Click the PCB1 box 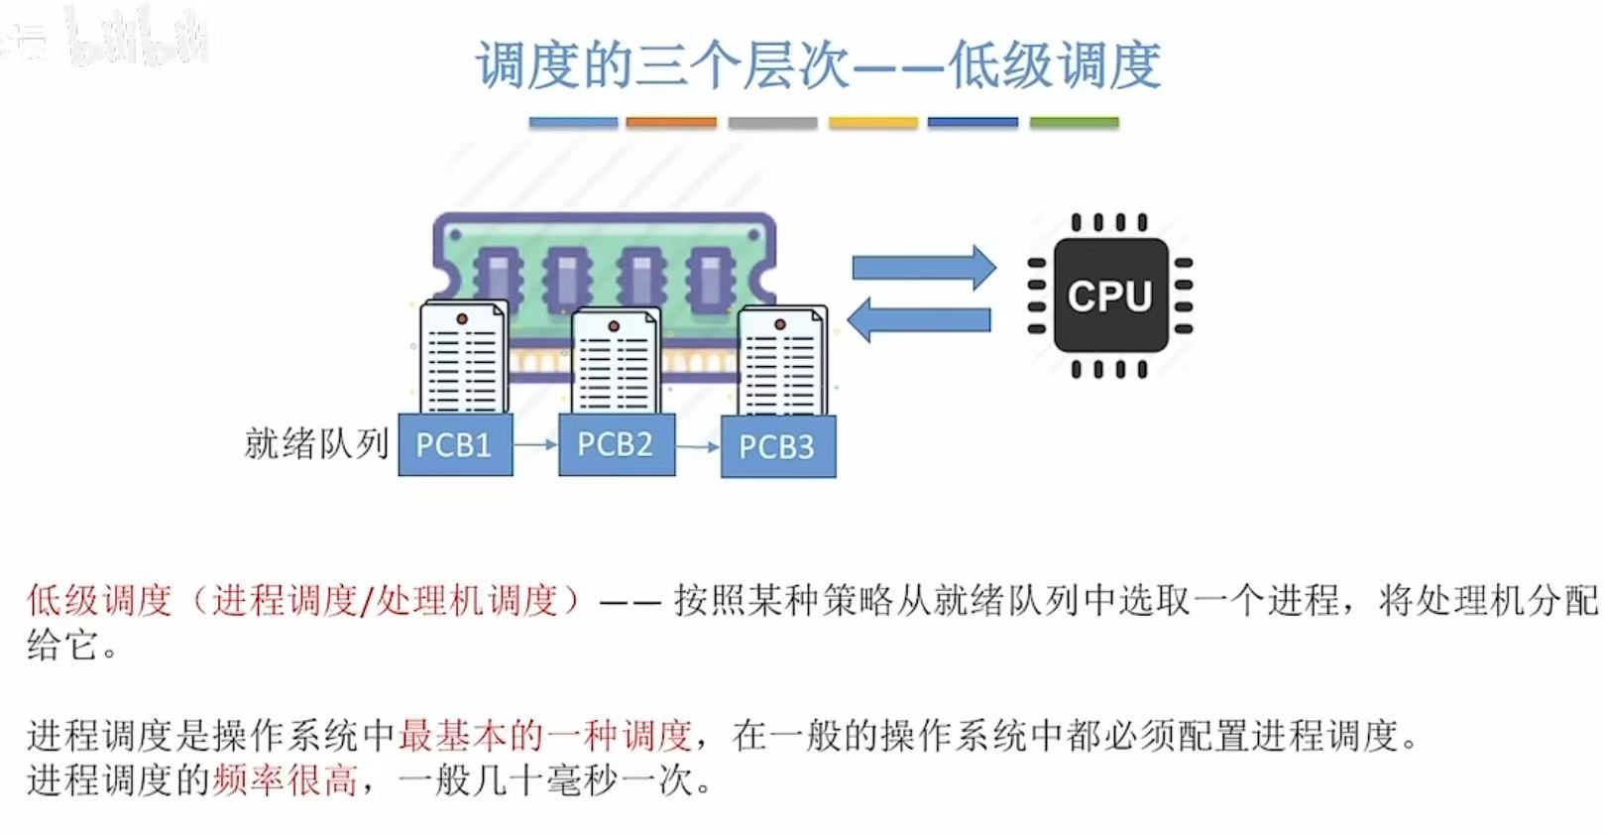455,444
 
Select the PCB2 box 617,444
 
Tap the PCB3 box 778,447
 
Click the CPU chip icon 1109,296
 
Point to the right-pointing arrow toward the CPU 923,267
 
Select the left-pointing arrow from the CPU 919,319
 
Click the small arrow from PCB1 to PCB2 535,445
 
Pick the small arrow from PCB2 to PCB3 698,447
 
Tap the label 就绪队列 316,443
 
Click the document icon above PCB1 463,358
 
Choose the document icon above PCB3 782,362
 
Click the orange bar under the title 671,122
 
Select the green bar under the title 1074,122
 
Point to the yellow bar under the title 873,122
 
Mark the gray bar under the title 772,122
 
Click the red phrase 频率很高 284,780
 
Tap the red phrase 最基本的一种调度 544,735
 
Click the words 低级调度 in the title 1054,65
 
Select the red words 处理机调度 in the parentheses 466,600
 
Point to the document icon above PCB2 616,361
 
